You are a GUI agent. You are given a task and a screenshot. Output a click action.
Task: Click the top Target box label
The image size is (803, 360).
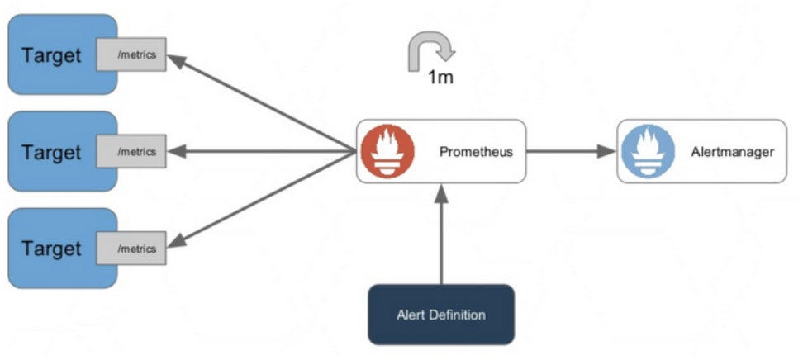tap(52, 56)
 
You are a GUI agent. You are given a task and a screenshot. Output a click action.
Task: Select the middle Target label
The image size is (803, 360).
tap(52, 153)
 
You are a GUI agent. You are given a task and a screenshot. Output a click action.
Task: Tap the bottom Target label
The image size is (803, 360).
tap(52, 249)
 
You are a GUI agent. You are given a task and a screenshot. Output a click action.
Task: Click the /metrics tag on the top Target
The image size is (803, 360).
tap(131, 56)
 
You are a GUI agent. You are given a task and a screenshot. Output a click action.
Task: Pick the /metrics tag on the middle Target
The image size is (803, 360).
tap(131, 152)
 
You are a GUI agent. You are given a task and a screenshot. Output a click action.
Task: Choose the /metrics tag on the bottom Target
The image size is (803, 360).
tap(131, 249)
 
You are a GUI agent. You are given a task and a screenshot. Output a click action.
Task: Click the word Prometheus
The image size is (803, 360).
tap(476, 153)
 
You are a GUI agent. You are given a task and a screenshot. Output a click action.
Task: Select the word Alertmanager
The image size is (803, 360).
tap(732, 153)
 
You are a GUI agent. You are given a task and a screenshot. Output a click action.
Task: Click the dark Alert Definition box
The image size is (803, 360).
tap(441, 315)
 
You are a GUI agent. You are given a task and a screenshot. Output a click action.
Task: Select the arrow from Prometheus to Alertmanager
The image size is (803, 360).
tap(570, 152)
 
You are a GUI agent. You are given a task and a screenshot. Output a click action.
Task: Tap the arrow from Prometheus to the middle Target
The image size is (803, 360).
tap(264, 152)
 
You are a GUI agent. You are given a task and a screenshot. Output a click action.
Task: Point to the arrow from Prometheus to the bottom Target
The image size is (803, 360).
tap(264, 198)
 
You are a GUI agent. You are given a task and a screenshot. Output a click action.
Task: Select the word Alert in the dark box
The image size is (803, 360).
tap(411, 315)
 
